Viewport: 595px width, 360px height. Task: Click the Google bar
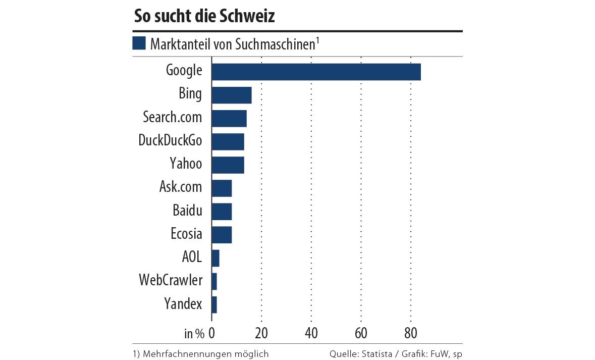(x=316, y=72)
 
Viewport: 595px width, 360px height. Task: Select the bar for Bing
(x=231, y=95)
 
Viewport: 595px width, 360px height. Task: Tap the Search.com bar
(x=229, y=118)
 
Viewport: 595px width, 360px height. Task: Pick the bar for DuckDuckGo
(x=228, y=142)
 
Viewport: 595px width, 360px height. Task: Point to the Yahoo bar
(x=228, y=165)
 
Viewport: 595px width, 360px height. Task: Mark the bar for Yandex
(x=214, y=305)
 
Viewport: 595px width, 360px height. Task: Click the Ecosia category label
(x=186, y=234)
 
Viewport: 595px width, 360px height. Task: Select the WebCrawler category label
(x=171, y=280)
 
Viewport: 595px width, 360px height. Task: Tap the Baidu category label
(x=187, y=210)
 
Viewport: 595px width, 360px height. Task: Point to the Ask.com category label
(x=181, y=187)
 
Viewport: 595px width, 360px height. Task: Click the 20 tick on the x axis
(x=261, y=333)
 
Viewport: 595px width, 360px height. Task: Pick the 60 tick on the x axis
(x=361, y=333)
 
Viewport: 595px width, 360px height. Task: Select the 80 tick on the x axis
(x=411, y=333)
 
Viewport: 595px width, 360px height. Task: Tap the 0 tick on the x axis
(x=212, y=333)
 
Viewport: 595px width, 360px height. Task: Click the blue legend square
(x=139, y=43)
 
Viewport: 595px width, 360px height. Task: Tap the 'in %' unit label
(x=194, y=333)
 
